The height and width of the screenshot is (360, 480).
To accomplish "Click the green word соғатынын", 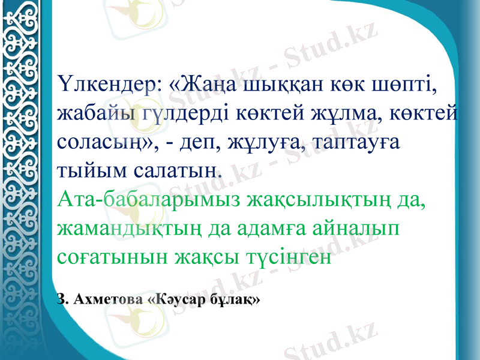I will coord(111,257).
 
